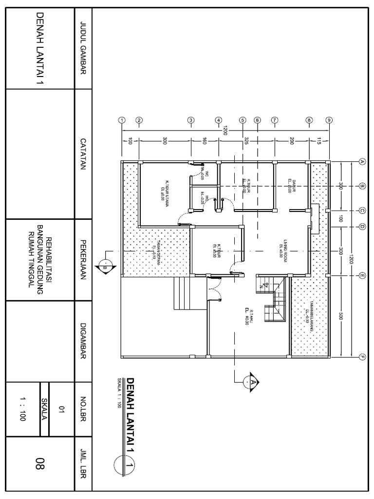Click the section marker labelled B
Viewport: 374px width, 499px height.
point(105,267)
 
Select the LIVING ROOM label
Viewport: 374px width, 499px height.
point(284,250)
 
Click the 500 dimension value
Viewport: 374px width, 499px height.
point(341,316)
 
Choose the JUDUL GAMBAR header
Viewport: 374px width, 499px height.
point(82,49)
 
